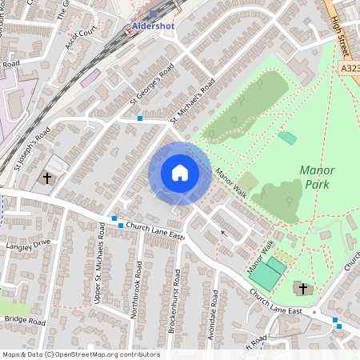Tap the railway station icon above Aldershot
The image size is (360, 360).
click(153, 14)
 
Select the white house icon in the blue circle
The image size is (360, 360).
click(180, 173)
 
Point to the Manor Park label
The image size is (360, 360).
click(317, 177)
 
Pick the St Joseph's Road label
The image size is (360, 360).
click(33, 149)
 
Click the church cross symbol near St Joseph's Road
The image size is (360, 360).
click(47, 177)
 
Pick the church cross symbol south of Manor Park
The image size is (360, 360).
click(302, 287)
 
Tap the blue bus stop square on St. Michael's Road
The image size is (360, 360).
click(140, 118)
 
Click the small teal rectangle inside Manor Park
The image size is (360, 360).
click(286, 138)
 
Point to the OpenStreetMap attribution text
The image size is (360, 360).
click(81, 354)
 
